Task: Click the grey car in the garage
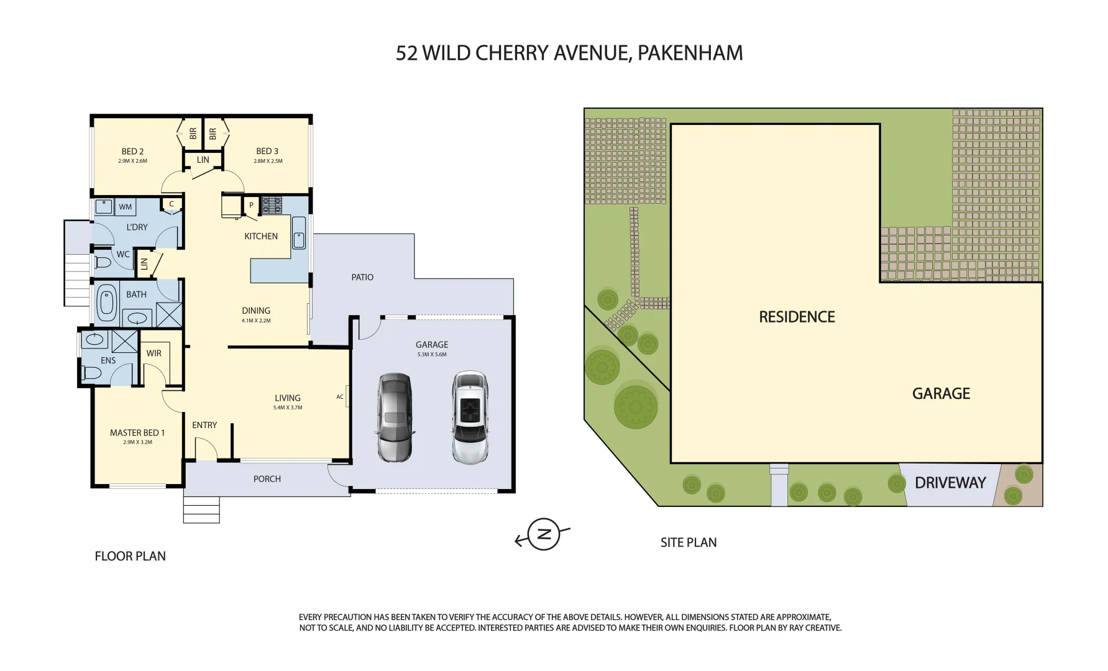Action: (x=394, y=418)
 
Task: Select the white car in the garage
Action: (x=470, y=418)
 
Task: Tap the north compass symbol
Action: (x=543, y=534)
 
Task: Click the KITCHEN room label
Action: (x=261, y=236)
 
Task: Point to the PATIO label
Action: (x=362, y=277)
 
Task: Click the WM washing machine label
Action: (x=126, y=207)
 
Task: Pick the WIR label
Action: (x=154, y=354)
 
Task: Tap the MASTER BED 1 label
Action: (x=137, y=432)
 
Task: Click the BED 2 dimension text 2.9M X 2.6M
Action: (x=132, y=161)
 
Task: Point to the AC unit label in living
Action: (x=340, y=397)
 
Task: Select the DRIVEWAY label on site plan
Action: (x=950, y=483)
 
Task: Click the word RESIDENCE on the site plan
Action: (x=797, y=317)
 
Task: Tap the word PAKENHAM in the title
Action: (x=690, y=53)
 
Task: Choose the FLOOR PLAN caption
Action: (x=130, y=556)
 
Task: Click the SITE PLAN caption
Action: (x=689, y=542)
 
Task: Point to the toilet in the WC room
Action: (x=103, y=263)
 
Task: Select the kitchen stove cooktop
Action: (x=272, y=205)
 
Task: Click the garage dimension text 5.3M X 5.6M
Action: (x=432, y=355)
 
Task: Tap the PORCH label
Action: (x=267, y=479)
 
